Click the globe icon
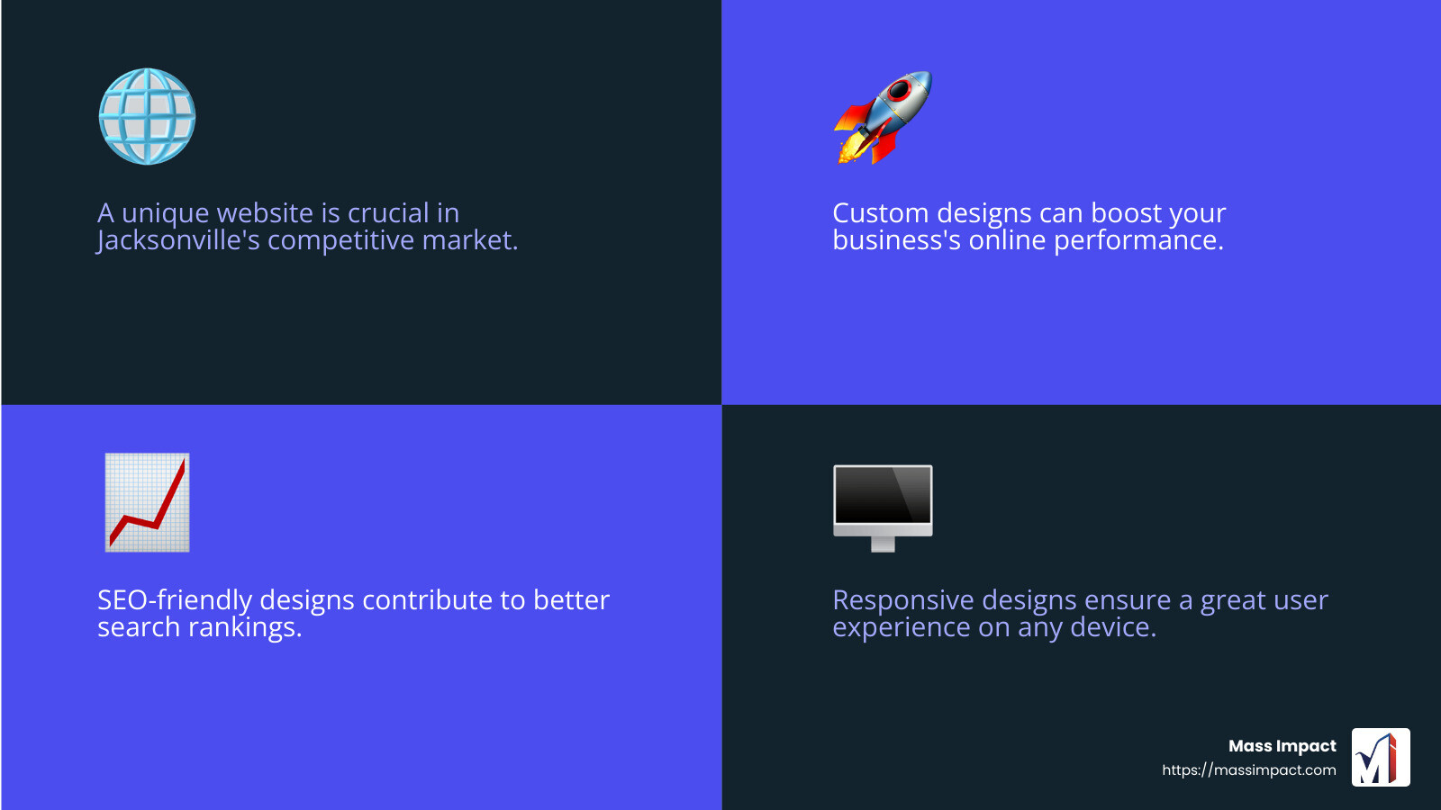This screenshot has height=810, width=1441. point(147,116)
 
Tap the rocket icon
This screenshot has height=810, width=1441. point(883,117)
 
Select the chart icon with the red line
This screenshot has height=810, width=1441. point(147,502)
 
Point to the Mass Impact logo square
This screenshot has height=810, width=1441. point(1381,757)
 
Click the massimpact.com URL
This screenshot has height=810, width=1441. point(1248,770)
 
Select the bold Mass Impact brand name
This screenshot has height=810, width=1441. point(1282,746)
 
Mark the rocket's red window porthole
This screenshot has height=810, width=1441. point(899,90)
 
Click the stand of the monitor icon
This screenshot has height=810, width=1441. point(883,544)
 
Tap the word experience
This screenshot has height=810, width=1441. point(901,628)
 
